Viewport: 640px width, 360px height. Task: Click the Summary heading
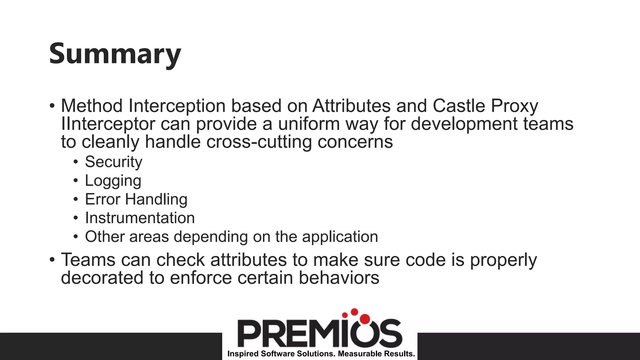115,54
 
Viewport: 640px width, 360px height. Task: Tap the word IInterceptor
108,124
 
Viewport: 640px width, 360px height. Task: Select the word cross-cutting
259,142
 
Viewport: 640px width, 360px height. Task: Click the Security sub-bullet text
113,162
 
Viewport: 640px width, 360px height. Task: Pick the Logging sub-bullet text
113,181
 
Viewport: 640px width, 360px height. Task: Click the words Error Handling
136,199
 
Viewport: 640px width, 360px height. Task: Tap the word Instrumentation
140,218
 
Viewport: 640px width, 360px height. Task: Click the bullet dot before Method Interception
52,106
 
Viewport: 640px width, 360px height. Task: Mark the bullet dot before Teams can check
52,260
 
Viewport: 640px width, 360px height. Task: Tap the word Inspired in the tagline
243,354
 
